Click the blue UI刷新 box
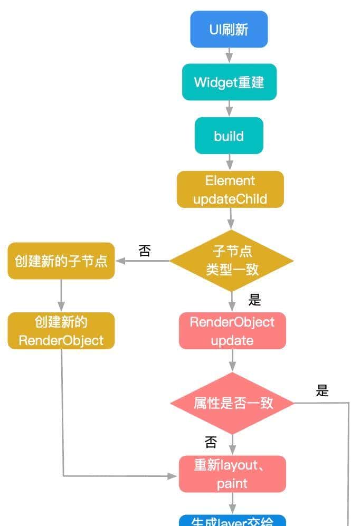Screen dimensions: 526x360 [229, 29]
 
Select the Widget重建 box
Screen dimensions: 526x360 [229, 82]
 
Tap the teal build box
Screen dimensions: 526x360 [229, 136]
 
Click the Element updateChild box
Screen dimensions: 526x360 [230, 190]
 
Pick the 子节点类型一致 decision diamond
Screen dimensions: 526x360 [232, 261]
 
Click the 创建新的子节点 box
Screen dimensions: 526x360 [61, 261]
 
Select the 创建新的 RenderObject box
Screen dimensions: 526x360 [61, 331]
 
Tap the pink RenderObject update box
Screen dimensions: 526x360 [232, 331]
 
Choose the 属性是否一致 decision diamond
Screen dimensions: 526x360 [232, 403]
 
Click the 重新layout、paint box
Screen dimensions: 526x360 [232, 474]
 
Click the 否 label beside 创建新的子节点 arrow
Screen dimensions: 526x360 [144, 251]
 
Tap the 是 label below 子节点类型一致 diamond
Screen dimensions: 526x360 [255, 300]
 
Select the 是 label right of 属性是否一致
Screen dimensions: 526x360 [322, 390]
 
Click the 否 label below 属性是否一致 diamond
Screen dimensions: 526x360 [211, 441]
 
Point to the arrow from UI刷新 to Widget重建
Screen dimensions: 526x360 [229, 55]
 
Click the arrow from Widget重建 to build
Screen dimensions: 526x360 [229, 109]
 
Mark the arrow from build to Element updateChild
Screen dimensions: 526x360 [229, 162]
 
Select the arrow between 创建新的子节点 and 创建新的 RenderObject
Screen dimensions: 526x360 [61, 295]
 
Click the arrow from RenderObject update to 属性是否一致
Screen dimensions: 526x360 [232, 361]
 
